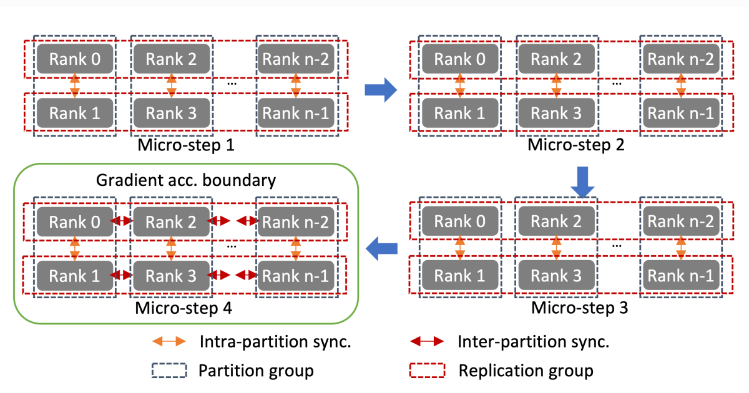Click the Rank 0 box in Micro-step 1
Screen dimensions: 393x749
pyautogui.click(x=74, y=59)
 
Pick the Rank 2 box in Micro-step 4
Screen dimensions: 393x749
pyautogui.click(x=171, y=221)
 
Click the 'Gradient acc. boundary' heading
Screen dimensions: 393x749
pyautogui.click(x=185, y=182)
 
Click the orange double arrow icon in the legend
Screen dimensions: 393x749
pyautogui.click(x=169, y=341)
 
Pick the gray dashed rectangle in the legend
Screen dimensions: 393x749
pyautogui.click(x=169, y=371)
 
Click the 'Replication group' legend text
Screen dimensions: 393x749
pyautogui.click(x=526, y=371)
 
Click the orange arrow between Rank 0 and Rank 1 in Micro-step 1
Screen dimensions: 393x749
pyautogui.click(x=75, y=86)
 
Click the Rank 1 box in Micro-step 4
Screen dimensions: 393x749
pyautogui.click(x=74, y=275)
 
